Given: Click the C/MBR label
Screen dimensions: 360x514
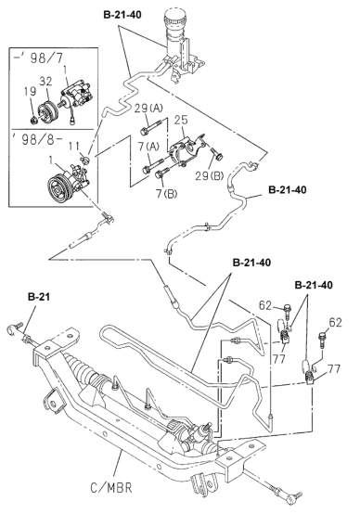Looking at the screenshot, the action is [110, 488].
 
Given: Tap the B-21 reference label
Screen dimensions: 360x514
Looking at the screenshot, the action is [39, 297].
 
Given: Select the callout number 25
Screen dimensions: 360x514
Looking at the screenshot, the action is [181, 120].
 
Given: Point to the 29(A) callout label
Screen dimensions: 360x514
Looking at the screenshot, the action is [148, 109].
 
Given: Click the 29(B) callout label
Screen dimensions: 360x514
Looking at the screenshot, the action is [210, 176].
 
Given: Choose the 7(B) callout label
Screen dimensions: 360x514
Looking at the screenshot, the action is [167, 194].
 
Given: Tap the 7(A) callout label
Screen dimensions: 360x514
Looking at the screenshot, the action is [148, 147].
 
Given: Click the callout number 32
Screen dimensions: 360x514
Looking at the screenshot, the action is [45, 82].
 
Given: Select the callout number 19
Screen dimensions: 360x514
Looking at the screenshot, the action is [30, 91].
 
